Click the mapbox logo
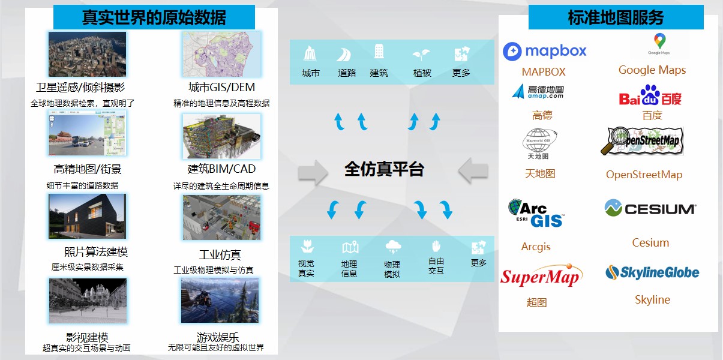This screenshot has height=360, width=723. point(545,51)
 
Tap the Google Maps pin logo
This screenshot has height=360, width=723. point(659,44)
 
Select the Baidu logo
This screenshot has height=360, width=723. point(650,95)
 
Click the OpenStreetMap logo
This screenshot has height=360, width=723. point(642,141)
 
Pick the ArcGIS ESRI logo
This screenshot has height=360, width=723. point(535,213)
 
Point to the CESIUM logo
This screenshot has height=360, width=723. point(650,208)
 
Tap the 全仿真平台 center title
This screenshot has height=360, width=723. point(384,169)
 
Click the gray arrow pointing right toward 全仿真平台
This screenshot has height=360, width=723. point(313,173)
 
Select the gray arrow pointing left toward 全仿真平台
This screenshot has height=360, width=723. point(473,171)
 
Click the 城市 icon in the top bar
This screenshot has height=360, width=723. point(310,53)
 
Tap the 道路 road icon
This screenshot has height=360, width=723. point(344,55)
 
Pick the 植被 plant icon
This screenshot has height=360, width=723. point(421,55)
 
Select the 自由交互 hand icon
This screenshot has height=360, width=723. point(436,246)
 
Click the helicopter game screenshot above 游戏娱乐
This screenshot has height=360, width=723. point(220,301)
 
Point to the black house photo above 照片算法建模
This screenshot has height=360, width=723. point(87,217)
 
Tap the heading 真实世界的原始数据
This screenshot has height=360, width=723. point(154,17)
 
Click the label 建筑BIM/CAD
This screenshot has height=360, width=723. point(221,169)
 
